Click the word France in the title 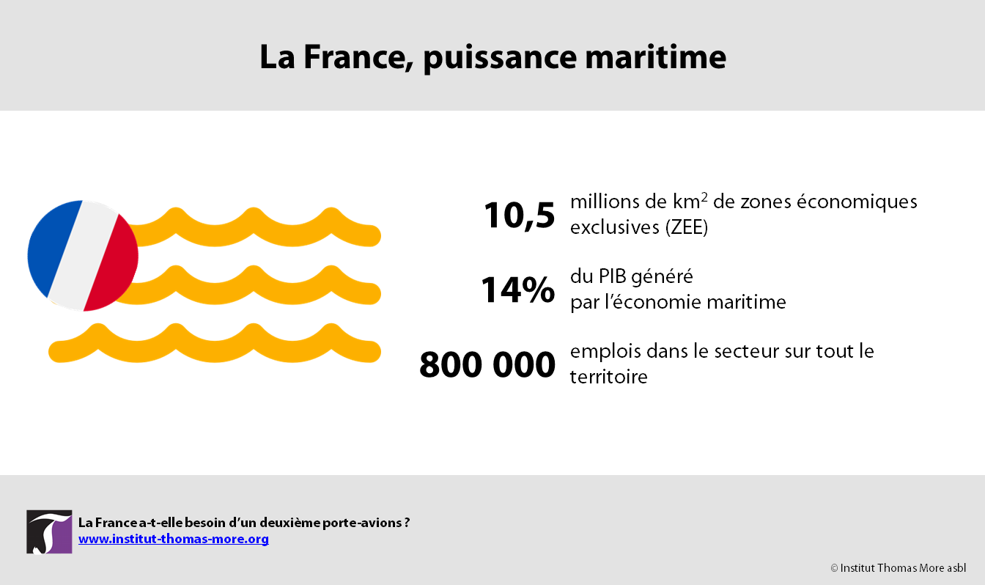[x=358, y=57]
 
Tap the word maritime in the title [x=656, y=57]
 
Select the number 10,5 [x=520, y=216]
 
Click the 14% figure [x=518, y=290]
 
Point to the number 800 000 [x=487, y=364]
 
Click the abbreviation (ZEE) [x=687, y=227]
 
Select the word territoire [x=608, y=377]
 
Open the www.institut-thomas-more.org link [x=173, y=539]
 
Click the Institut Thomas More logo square [x=49, y=531]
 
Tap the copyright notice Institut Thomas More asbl [x=898, y=568]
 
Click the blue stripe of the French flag [x=52, y=249]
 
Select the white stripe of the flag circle [x=83, y=256]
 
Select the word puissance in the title [x=500, y=57]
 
